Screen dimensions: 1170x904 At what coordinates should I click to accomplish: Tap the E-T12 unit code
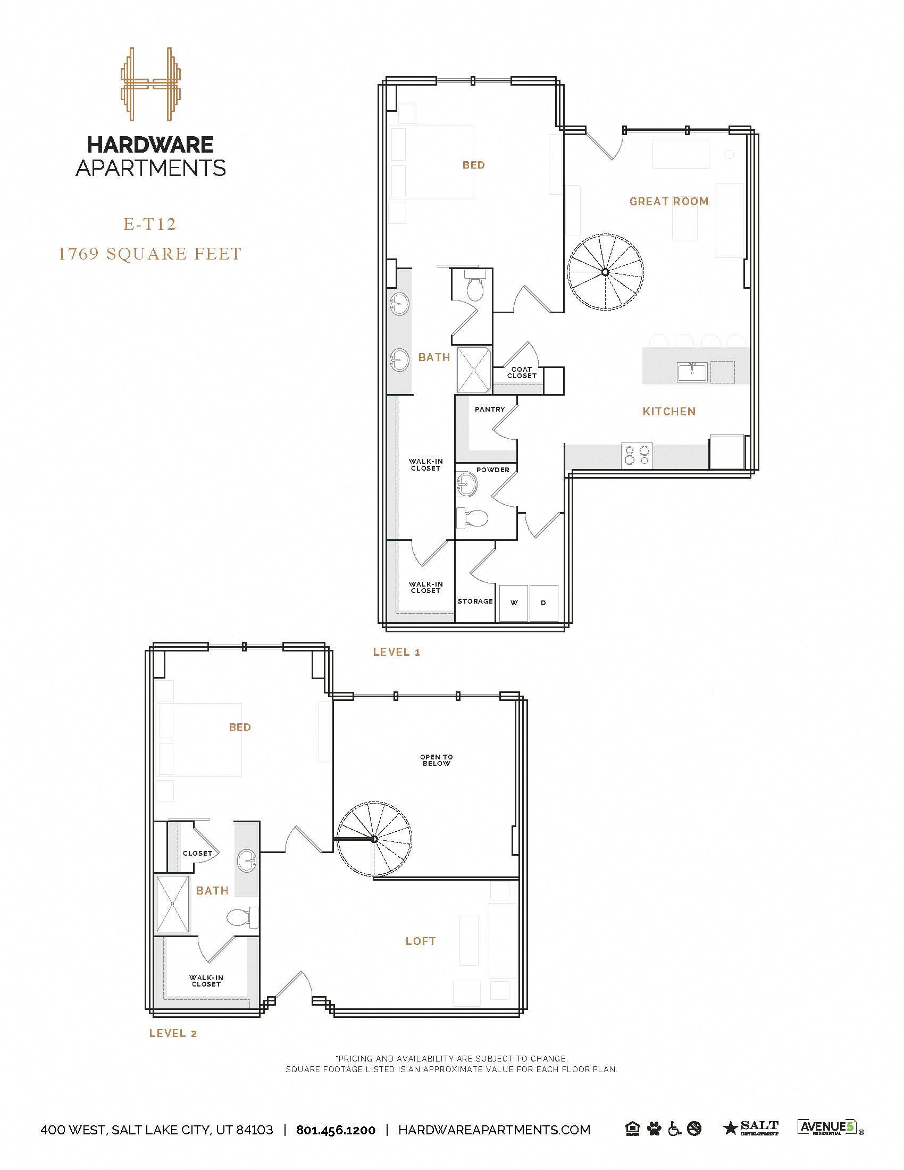point(150,224)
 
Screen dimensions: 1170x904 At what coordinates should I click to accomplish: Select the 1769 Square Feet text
point(150,254)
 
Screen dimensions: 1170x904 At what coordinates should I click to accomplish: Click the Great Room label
point(669,202)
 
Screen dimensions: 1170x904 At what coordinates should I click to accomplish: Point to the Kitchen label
point(669,412)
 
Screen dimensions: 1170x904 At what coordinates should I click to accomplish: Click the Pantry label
point(489,410)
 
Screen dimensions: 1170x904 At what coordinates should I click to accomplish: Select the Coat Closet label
point(522,373)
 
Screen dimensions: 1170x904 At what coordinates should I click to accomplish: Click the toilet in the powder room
point(473,518)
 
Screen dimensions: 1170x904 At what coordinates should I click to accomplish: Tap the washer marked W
point(514,603)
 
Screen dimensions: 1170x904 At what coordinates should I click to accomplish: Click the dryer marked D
point(543,603)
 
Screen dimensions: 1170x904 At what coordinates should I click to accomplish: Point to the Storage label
point(475,601)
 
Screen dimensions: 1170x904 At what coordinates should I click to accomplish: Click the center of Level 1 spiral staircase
point(605,272)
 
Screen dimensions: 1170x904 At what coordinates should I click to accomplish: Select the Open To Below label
point(437,760)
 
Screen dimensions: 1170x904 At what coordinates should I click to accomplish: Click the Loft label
point(421,941)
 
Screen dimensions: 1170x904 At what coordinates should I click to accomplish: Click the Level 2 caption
point(173,1033)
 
